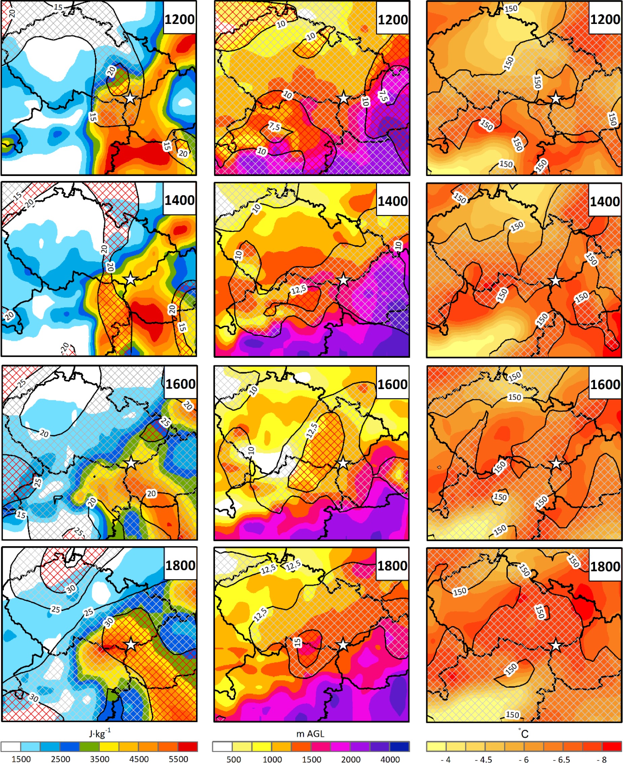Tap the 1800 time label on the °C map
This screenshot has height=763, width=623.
point(605,566)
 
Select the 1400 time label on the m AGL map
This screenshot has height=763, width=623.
point(392,201)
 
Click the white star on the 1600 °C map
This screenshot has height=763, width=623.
point(556,463)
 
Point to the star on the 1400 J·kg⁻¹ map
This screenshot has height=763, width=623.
point(130,279)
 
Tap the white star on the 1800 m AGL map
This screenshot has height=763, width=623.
point(343,645)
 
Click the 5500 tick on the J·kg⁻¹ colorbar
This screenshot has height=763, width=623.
point(178,759)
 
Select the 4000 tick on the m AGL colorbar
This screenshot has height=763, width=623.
point(390,759)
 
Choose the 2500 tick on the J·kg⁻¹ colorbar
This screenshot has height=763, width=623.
point(60,759)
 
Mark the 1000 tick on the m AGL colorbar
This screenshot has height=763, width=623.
point(272,759)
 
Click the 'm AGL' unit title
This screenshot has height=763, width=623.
point(310,734)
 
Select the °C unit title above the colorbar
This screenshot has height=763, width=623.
point(524,733)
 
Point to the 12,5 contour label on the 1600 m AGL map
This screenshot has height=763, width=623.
point(311,430)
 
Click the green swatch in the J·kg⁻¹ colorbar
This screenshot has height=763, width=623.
point(89,746)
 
